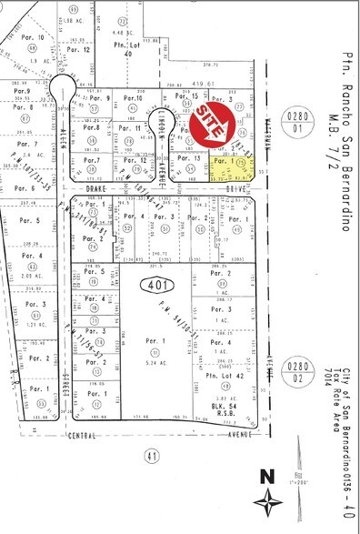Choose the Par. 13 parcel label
(x=190, y=157)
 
